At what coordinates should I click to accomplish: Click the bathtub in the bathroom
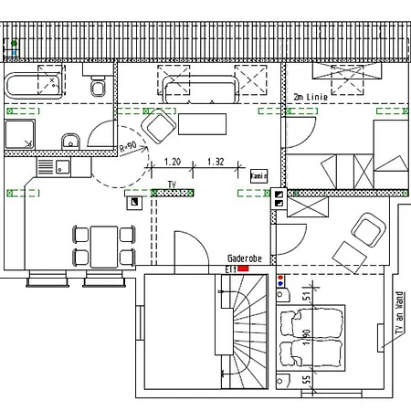[x=36, y=88]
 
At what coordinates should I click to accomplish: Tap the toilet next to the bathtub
[x=97, y=88]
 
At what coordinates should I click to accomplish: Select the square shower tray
[x=22, y=135]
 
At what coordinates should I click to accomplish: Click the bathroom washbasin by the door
[x=71, y=141]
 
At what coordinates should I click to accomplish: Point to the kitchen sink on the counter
[x=61, y=167]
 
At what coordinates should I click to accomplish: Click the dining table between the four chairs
[x=105, y=245]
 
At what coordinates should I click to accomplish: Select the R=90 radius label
[x=128, y=146]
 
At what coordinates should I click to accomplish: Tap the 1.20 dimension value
[x=172, y=162]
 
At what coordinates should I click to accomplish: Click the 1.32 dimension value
[x=216, y=162]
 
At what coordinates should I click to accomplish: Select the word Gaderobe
[x=244, y=259]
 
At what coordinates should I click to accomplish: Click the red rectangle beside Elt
[x=243, y=269]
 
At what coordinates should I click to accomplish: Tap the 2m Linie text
[x=310, y=96]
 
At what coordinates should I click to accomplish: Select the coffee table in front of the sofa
[x=203, y=122]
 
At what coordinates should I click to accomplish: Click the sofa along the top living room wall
[x=200, y=89]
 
